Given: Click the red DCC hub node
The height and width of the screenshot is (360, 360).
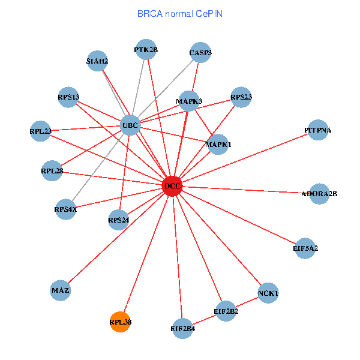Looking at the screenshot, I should click(x=172, y=186).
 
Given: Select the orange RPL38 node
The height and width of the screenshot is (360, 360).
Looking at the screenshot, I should click(x=120, y=322).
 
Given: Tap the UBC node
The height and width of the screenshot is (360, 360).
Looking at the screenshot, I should click(x=130, y=125).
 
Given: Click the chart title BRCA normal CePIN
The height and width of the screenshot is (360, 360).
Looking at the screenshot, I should click(x=180, y=13).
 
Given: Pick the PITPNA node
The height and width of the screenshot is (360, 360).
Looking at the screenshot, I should click(x=317, y=130).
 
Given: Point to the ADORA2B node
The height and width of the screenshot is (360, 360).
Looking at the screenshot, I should click(x=319, y=194).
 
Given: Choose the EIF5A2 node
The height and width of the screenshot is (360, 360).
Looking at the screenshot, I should click(x=305, y=248).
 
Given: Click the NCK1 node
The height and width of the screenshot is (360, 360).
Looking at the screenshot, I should click(x=268, y=293).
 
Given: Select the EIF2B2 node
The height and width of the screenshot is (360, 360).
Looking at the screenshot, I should click(x=226, y=311).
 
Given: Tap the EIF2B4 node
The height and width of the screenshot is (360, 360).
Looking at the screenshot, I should click(x=183, y=328).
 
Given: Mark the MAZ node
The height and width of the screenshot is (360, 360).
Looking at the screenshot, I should click(x=61, y=290).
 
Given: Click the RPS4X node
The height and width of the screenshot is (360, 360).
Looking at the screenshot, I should click(x=65, y=209).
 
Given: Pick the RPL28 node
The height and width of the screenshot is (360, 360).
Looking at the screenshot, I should click(x=52, y=171).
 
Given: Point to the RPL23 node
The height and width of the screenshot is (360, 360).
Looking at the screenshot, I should click(x=40, y=131).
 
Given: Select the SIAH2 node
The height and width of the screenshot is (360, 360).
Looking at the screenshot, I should click(x=97, y=61).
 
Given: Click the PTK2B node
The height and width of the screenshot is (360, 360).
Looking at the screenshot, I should click(x=146, y=50).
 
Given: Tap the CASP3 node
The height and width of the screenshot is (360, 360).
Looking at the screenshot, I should click(x=200, y=52).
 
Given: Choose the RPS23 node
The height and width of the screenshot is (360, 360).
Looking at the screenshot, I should click(x=241, y=97).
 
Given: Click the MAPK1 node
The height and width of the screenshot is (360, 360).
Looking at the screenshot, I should click(x=218, y=145).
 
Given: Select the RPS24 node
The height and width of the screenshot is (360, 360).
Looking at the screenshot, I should click(x=119, y=220).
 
